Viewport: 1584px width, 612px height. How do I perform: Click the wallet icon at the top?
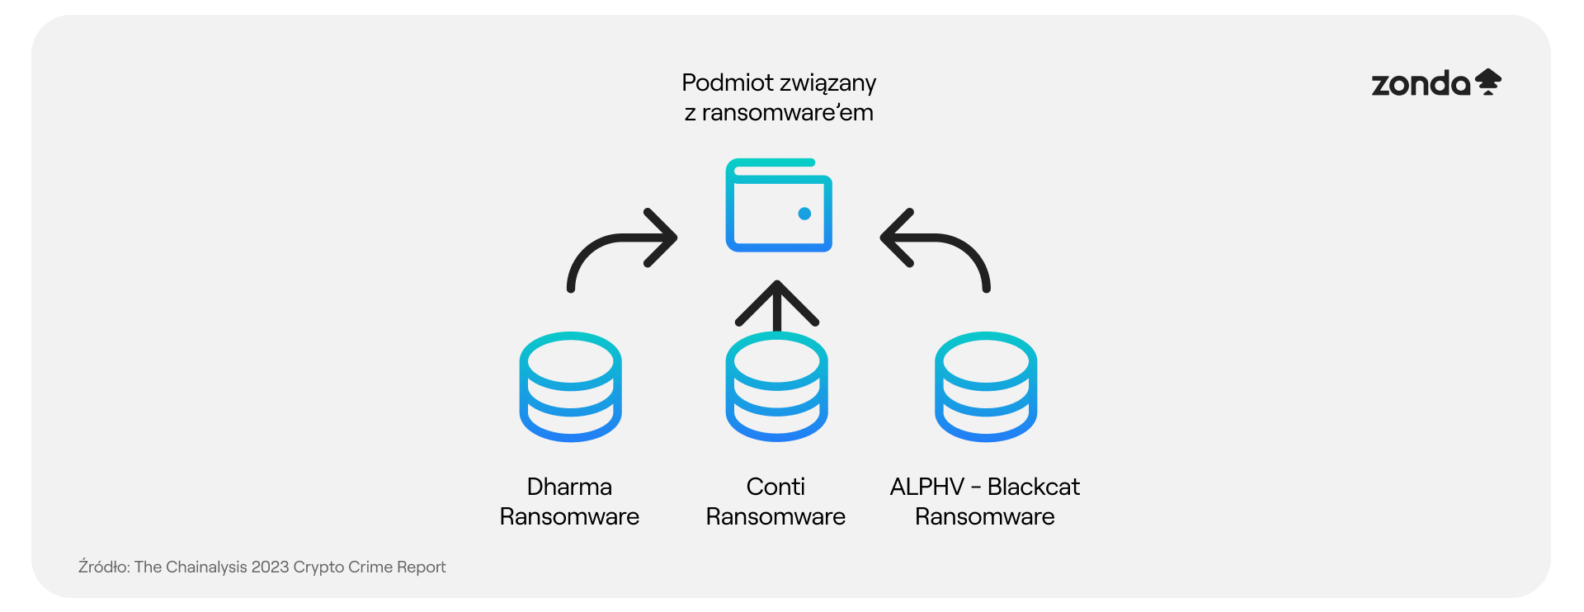(x=779, y=205)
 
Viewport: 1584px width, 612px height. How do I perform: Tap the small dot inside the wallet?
(x=804, y=214)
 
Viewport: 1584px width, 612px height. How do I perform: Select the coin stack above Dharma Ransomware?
(x=570, y=387)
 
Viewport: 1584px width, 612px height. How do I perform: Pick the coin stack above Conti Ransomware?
(x=776, y=387)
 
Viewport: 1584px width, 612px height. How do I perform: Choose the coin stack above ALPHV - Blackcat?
(x=986, y=387)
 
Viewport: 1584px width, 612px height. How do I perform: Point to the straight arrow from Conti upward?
(x=776, y=305)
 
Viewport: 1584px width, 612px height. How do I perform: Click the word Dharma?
(x=569, y=487)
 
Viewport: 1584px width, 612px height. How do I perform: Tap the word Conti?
(x=775, y=487)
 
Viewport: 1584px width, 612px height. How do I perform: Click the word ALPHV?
(x=926, y=487)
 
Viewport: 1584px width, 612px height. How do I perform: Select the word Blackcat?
(x=1033, y=487)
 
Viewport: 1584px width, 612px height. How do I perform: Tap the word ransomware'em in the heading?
(x=787, y=113)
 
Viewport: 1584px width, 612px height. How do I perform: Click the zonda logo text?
(x=1421, y=84)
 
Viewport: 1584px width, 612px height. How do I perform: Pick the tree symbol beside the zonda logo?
(x=1488, y=82)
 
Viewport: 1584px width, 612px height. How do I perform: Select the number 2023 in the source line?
(x=270, y=567)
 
